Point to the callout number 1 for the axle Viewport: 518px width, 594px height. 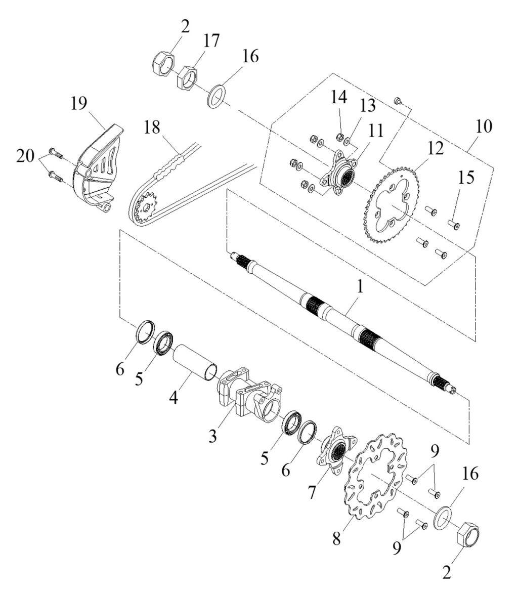point(360,286)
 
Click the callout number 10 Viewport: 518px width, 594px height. point(484,126)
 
